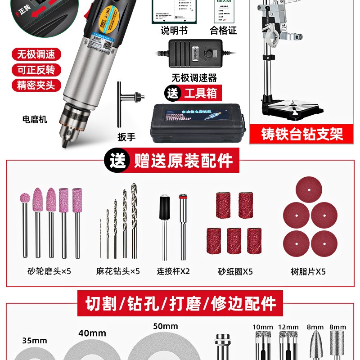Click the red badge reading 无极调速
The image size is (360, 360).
click(x=36, y=55)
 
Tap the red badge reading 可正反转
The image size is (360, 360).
click(x=36, y=70)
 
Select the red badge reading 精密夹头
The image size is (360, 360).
click(x=36, y=85)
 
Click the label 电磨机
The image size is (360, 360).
click(x=35, y=120)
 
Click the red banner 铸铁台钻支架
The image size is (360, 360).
click(x=302, y=134)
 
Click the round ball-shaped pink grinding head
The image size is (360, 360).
click(x=24, y=198)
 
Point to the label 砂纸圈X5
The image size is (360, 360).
click(x=235, y=271)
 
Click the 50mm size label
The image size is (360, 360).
click(x=165, y=326)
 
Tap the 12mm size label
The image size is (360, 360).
click(x=288, y=327)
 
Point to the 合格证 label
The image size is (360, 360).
click(x=223, y=31)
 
